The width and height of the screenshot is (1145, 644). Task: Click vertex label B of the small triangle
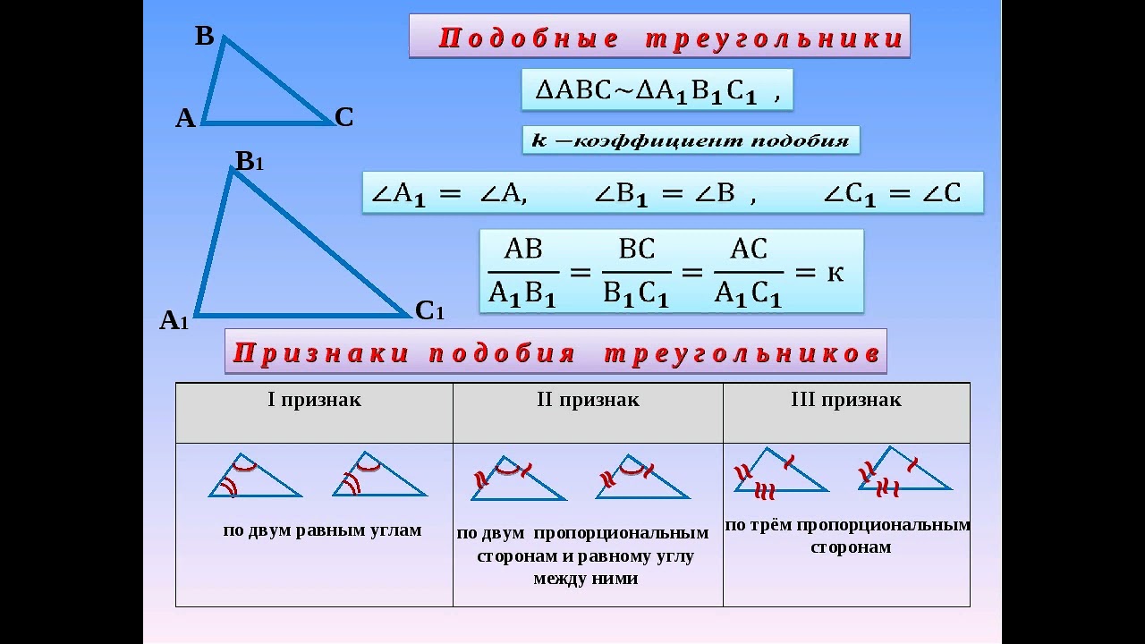coord(205,37)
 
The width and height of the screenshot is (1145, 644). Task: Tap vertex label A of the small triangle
coord(185,119)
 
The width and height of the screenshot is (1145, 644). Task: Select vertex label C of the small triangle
coord(344,117)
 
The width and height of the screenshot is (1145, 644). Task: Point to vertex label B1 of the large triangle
coord(250,162)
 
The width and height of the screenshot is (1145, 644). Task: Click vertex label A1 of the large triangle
coord(174,321)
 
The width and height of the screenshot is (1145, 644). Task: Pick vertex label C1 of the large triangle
coord(429,311)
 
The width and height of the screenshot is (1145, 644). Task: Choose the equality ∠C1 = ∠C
coord(892,194)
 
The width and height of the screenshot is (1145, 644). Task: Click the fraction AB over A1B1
coord(523,272)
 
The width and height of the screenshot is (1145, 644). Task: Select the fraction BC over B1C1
coord(636,272)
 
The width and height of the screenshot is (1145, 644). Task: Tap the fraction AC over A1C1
coord(749,272)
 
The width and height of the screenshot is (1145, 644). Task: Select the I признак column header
coord(314,400)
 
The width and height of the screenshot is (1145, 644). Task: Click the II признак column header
coord(588,400)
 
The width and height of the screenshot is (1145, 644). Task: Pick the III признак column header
coord(846,400)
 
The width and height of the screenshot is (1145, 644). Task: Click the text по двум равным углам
coord(322,530)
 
